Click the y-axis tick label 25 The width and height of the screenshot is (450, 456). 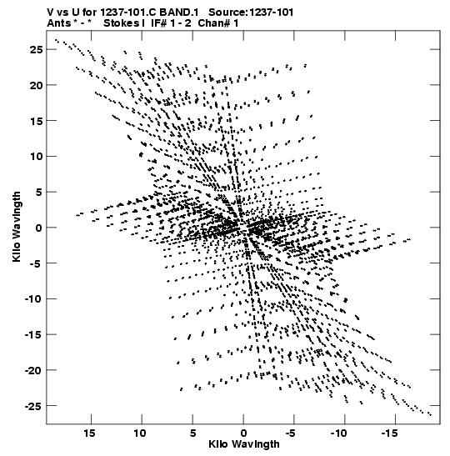pos(36,50)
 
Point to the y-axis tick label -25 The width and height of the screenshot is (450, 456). pos(33,406)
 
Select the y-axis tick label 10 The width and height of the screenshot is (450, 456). pos(36,157)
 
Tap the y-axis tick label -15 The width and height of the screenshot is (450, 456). pos(33,335)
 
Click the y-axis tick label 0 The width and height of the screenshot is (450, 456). pos(39,228)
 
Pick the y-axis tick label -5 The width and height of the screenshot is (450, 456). pos(36,263)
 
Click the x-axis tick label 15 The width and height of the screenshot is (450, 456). pos(89,433)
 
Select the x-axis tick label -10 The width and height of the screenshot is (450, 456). pos(338,433)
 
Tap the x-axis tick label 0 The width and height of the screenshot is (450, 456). pos(243,433)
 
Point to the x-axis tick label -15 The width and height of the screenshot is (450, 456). pos(389,433)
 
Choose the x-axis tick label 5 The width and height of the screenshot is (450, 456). pos(193,433)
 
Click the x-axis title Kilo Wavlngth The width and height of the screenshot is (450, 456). pos(244,444)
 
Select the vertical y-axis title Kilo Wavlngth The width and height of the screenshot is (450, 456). pos(17,227)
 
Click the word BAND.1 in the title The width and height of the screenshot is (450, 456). pos(179,13)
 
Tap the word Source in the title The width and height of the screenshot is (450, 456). pos(227,13)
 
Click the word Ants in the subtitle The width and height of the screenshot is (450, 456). pos(58,23)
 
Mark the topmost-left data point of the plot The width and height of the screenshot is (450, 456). pos(56,40)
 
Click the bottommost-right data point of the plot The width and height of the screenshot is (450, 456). pos(430,414)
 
